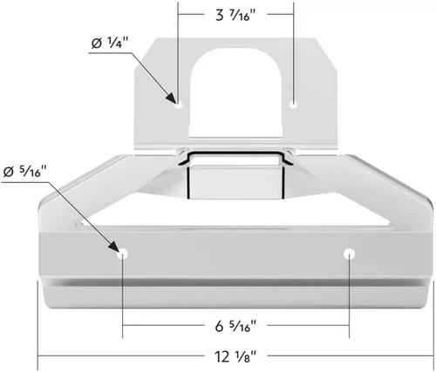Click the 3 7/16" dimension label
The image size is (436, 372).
236,15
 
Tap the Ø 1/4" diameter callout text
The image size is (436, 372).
109,44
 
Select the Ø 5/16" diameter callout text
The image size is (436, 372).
25,172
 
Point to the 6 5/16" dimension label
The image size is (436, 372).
236,326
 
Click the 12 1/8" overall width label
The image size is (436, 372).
236,356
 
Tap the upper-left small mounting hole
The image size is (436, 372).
179,105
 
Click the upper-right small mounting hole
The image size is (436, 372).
294,105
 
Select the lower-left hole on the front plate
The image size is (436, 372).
122,254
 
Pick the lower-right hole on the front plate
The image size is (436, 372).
349,254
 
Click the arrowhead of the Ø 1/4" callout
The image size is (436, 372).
171,98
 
